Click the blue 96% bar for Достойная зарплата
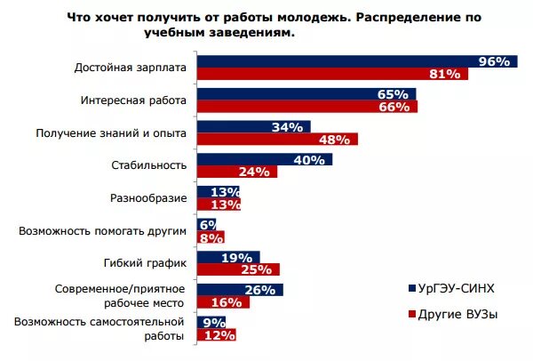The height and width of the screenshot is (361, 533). (x=355, y=61)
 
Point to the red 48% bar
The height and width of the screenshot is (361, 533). (x=276, y=140)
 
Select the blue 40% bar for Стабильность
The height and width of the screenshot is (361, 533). (x=264, y=160)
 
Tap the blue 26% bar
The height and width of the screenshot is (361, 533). (x=239, y=290)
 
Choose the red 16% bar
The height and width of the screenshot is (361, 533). (x=222, y=302)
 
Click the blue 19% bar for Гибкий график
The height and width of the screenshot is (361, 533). (x=227, y=257)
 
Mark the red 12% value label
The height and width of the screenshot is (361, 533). (x=219, y=335)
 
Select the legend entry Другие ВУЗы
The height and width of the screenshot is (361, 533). (x=456, y=315)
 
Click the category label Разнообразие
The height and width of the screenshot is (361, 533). (x=147, y=198)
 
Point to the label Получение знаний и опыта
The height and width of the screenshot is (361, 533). (x=110, y=133)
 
